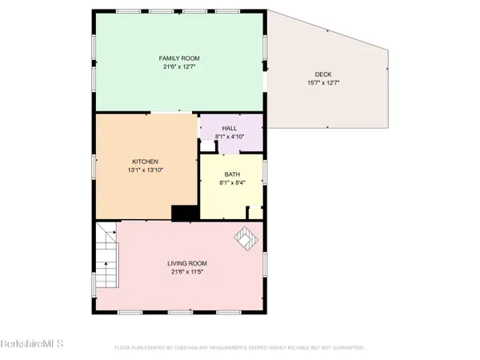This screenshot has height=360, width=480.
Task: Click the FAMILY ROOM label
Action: pyautogui.click(x=179, y=58)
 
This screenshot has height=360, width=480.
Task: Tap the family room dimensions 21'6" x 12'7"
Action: pyautogui.click(x=179, y=66)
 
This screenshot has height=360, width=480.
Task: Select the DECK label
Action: pyautogui.click(x=322, y=74)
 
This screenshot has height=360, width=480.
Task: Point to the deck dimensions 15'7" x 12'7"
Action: pyautogui.click(x=322, y=82)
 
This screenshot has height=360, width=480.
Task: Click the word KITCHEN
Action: pyautogui.click(x=146, y=161)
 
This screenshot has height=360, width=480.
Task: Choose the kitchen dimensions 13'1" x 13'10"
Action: pyautogui.click(x=146, y=170)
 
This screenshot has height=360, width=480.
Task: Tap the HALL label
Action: pyautogui.click(x=229, y=128)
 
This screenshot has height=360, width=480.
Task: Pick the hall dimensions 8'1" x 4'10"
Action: pyautogui.click(x=229, y=136)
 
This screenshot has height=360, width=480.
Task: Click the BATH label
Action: pyautogui.click(x=232, y=174)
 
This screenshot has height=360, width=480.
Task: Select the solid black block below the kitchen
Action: pyautogui.click(x=186, y=212)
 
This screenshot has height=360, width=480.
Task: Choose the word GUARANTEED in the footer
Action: pyautogui.click(x=349, y=348)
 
